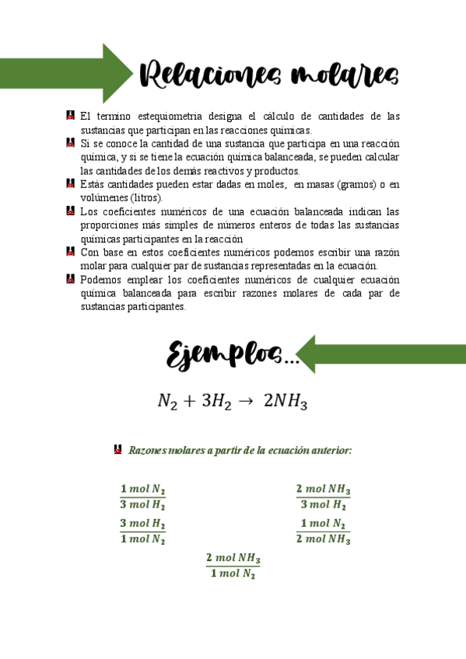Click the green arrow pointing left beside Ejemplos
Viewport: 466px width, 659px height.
[x=366, y=354]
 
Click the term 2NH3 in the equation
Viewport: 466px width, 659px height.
[x=286, y=401]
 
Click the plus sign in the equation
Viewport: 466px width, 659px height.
[x=187, y=401]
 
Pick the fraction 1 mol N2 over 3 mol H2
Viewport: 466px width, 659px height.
[x=142, y=497]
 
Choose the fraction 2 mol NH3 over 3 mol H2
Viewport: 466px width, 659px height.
[x=323, y=497]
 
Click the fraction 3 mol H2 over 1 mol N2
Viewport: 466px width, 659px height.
[x=142, y=532]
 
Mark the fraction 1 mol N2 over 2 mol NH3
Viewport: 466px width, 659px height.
[x=324, y=532]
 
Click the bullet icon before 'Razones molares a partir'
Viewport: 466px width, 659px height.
[x=118, y=449]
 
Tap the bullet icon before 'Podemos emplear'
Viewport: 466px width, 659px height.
[x=71, y=279]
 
